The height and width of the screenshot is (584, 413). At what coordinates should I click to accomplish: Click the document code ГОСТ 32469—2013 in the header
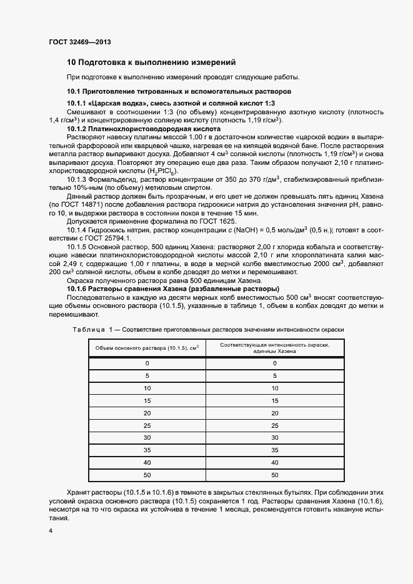pyautogui.click(x=80, y=43)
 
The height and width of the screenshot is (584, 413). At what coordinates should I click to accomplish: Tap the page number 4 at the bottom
pyautogui.click(x=51, y=530)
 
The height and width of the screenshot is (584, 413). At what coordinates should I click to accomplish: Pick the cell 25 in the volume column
pyautogui.click(x=147, y=425)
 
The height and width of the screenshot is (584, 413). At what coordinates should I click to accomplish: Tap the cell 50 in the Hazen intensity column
pyautogui.click(x=274, y=475)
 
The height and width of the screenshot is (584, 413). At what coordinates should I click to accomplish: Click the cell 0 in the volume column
pyautogui.click(x=147, y=363)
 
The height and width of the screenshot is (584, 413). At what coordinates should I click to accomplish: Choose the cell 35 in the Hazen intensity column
pyautogui.click(x=274, y=450)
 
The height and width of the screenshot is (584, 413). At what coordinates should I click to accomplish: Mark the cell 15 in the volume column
pyautogui.click(x=147, y=400)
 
